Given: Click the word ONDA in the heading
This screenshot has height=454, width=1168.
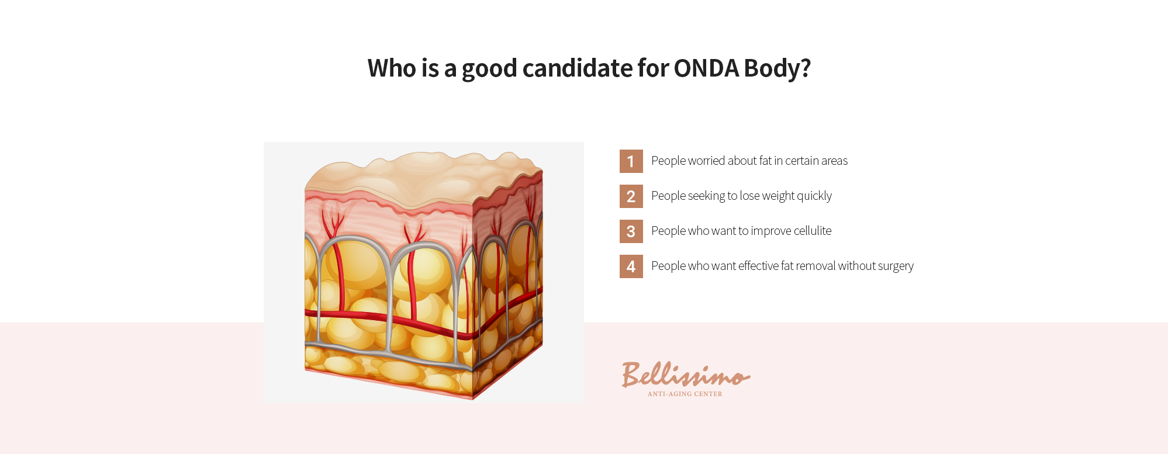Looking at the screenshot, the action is pos(706,68).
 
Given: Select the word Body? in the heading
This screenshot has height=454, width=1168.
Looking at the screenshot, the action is pos(777,68).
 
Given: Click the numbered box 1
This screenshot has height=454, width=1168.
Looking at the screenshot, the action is pos(631,161).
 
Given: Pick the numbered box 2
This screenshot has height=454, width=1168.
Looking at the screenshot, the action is pos(631,196).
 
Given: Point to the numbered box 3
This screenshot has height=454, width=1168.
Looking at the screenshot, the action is pos(631,231).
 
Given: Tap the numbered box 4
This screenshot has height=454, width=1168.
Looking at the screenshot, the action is pos(631,266).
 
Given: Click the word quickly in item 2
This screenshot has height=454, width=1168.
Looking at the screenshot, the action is pos(813,196).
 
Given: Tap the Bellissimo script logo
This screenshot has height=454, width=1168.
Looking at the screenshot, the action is pos(686,375).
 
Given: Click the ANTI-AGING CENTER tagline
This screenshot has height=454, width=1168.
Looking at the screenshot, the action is pos(685,394).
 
